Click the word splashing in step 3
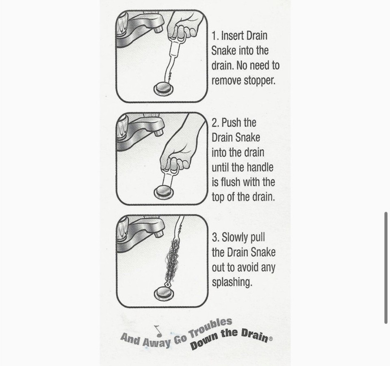[x=232, y=282]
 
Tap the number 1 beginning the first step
[x=214, y=36]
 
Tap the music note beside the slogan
[x=157, y=329]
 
